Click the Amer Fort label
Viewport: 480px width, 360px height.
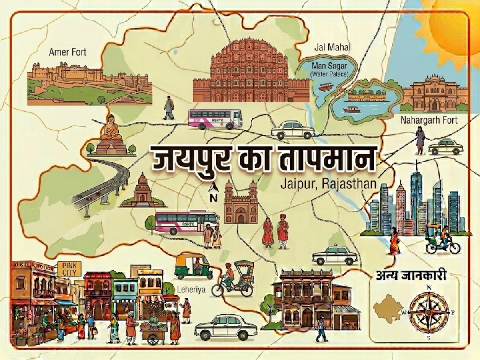[x=68, y=52]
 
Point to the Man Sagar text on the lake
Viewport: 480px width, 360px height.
[x=329, y=66]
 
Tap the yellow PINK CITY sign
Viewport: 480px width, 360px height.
[x=69, y=269]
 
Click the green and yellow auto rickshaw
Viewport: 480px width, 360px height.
[x=194, y=266]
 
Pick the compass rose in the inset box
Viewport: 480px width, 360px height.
[x=429, y=312]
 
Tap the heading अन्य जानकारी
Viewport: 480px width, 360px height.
[x=411, y=276]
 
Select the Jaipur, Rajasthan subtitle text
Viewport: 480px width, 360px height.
[x=328, y=184]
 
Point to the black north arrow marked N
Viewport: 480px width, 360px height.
[x=214, y=192]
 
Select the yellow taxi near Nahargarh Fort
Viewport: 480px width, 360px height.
[x=446, y=147]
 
